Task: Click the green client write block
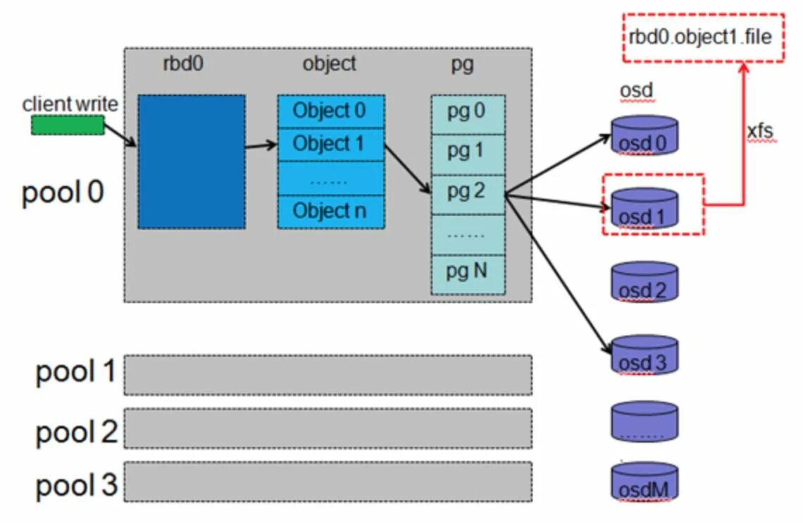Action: pos(68,125)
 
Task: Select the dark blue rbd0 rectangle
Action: pos(192,161)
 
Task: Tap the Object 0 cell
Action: pos(331,111)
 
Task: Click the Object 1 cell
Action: pos(331,144)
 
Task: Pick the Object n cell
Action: pos(331,211)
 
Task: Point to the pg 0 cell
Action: pos(468,114)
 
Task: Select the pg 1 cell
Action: pos(468,154)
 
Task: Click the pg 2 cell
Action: pos(468,194)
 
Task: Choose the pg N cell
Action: pos(468,274)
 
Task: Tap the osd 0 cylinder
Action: pos(645,135)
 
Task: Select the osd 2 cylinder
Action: pos(645,282)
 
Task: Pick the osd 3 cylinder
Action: pos(645,355)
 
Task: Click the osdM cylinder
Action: pos(645,481)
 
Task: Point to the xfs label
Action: pos(761,132)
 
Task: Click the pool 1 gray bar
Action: pos(328,375)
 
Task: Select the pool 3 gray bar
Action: pos(328,481)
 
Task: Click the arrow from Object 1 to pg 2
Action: pos(407,169)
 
